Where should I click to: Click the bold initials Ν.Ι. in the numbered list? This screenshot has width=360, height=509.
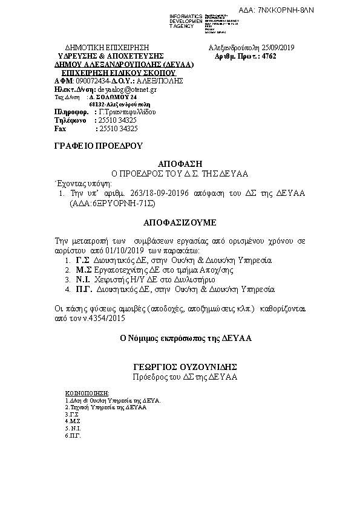coord(83,280)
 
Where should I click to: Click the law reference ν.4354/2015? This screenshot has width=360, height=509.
coord(96,317)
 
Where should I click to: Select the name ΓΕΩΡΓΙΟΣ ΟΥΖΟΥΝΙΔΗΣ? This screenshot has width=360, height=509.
coord(185,367)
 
